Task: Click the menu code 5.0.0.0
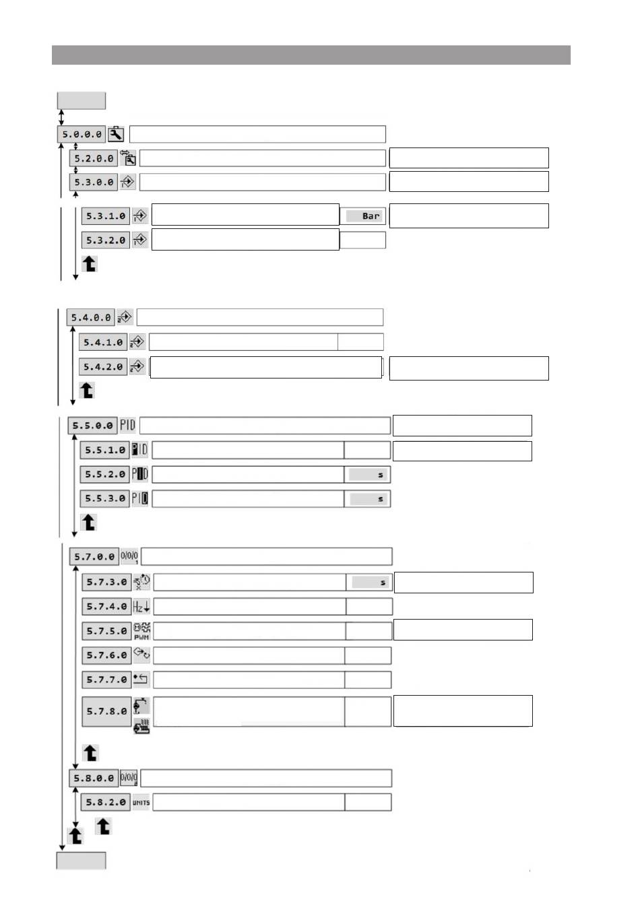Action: coord(82,135)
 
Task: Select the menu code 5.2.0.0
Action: coord(94,159)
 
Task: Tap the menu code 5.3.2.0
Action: coord(106,240)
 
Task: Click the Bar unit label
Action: coord(371,216)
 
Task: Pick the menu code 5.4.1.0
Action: coord(103,343)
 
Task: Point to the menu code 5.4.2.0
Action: coord(103,367)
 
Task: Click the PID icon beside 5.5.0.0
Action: coord(127,426)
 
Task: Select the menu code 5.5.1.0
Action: coord(105,450)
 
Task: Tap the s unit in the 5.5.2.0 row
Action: coord(380,475)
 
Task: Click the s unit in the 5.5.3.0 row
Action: coord(380,499)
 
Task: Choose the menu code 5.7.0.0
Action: coord(94,557)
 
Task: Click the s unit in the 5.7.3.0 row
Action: coord(383,583)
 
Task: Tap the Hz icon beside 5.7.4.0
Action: coord(141,607)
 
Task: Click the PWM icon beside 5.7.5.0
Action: coord(141,631)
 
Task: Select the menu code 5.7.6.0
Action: coord(106,655)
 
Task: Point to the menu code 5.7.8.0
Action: coord(106,711)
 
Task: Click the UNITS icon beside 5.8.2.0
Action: coord(141,803)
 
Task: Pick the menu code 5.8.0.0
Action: coord(94,779)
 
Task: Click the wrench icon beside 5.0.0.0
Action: coord(116,134)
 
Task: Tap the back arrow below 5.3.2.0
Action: coord(90,264)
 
